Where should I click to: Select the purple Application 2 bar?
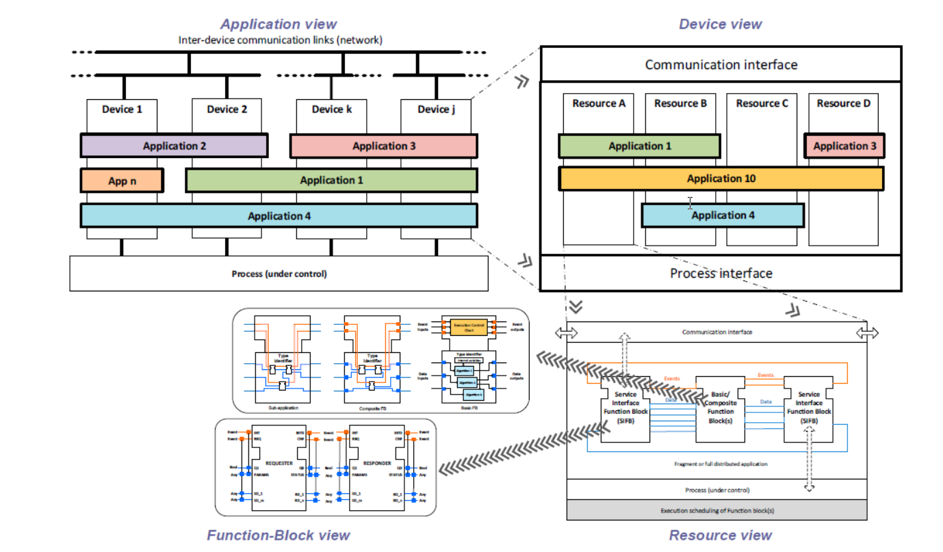[174, 146]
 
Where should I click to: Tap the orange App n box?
[122, 181]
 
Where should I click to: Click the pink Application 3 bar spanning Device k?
[383, 146]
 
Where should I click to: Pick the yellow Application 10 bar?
[721, 179]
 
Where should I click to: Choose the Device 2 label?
[227, 109]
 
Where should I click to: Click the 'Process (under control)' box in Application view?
[279, 274]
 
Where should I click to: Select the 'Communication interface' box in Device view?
[721, 65]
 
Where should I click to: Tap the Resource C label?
[762, 103]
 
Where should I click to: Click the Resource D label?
[843, 103]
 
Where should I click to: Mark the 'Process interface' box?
[721, 273]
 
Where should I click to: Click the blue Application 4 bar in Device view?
[723, 215]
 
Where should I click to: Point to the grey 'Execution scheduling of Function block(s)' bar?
[716, 510]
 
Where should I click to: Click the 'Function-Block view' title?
[279, 536]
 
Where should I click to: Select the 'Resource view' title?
[720, 536]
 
